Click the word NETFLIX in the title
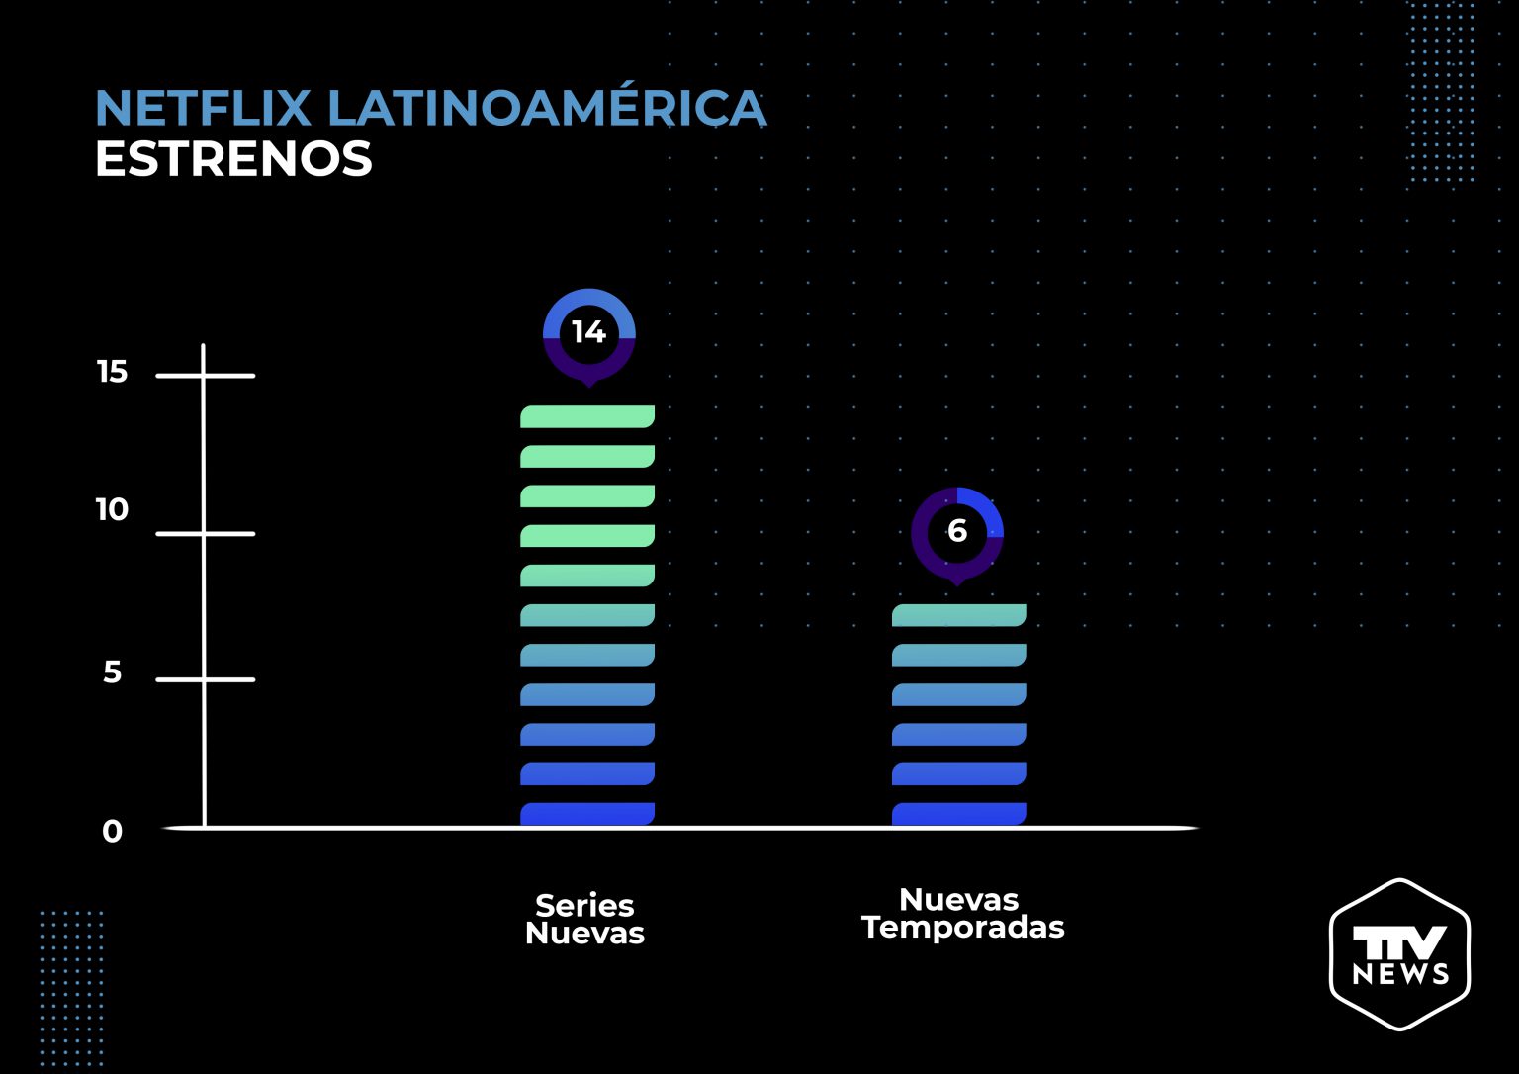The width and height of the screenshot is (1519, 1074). point(204,109)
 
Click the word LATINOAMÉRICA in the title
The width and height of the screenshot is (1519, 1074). point(547,109)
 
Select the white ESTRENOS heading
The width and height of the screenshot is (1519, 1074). point(233,159)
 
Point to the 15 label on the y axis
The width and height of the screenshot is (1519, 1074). point(113,372)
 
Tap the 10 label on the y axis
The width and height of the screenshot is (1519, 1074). point(112,510)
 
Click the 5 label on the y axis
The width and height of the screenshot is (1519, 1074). point(113,672)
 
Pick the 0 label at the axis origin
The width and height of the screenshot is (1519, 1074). point(113,832)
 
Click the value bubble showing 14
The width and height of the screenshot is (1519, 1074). point(588,333)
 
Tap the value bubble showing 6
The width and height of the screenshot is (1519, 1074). point(956,532)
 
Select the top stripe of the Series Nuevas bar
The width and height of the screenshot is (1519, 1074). point(587,416)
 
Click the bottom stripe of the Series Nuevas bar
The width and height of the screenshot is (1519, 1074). point(587,814)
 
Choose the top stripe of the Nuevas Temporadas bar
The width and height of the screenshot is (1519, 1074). point(958,615)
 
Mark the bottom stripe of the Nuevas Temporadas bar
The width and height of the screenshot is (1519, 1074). point(958,814)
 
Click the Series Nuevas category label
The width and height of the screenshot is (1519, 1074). point(584,919)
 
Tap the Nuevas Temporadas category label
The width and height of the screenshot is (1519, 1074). point(962,913)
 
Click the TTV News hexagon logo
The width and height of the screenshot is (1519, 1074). point(1399,953)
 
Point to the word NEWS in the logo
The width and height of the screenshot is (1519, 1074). point(1399,974)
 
